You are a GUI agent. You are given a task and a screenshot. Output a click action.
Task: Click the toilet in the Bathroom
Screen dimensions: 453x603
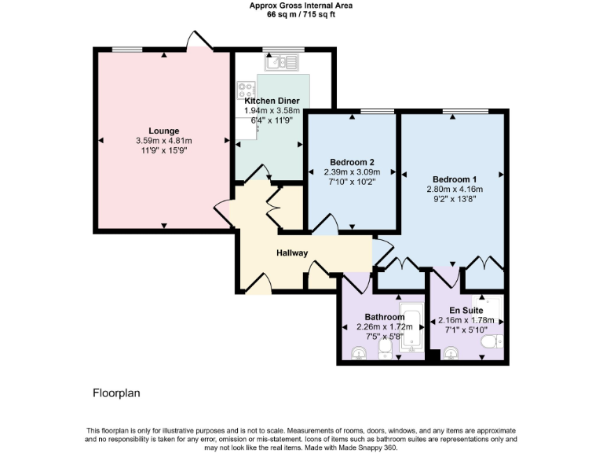385,348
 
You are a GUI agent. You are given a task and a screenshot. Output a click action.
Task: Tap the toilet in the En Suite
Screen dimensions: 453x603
490,342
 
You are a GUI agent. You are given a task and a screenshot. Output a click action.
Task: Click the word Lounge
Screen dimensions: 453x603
164,131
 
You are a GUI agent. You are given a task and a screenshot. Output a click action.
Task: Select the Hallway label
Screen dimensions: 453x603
292,253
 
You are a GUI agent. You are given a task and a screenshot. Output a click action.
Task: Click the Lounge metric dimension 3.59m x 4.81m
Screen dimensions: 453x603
164,141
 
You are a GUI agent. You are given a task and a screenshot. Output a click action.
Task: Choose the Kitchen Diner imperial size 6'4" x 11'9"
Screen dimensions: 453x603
272,121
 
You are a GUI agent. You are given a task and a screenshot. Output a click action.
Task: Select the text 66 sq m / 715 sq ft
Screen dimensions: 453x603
301,14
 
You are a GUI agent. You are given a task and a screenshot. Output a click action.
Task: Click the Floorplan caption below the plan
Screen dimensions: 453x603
116,392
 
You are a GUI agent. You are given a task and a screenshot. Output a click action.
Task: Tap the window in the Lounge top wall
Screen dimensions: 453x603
127,50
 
